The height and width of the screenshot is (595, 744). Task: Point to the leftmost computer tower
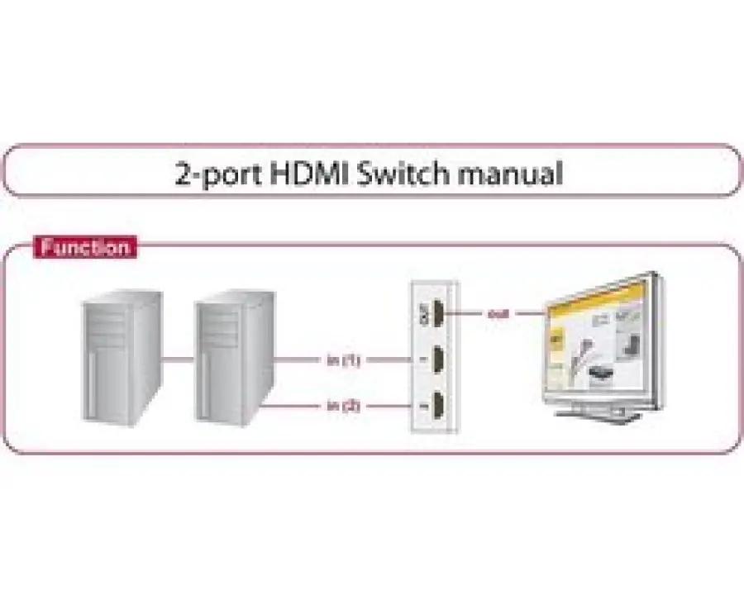coord(121,359)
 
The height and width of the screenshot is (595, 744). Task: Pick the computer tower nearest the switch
coord(233,359)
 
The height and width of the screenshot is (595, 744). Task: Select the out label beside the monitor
coord(497,314)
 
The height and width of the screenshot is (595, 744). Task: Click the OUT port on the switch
coord(436,315)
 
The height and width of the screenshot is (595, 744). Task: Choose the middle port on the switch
coord(436,360)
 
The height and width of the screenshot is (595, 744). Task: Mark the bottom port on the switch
coord(436,406)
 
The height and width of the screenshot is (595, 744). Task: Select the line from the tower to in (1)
coord(298,360)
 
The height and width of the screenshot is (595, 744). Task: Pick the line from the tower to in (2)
coord(298,406)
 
